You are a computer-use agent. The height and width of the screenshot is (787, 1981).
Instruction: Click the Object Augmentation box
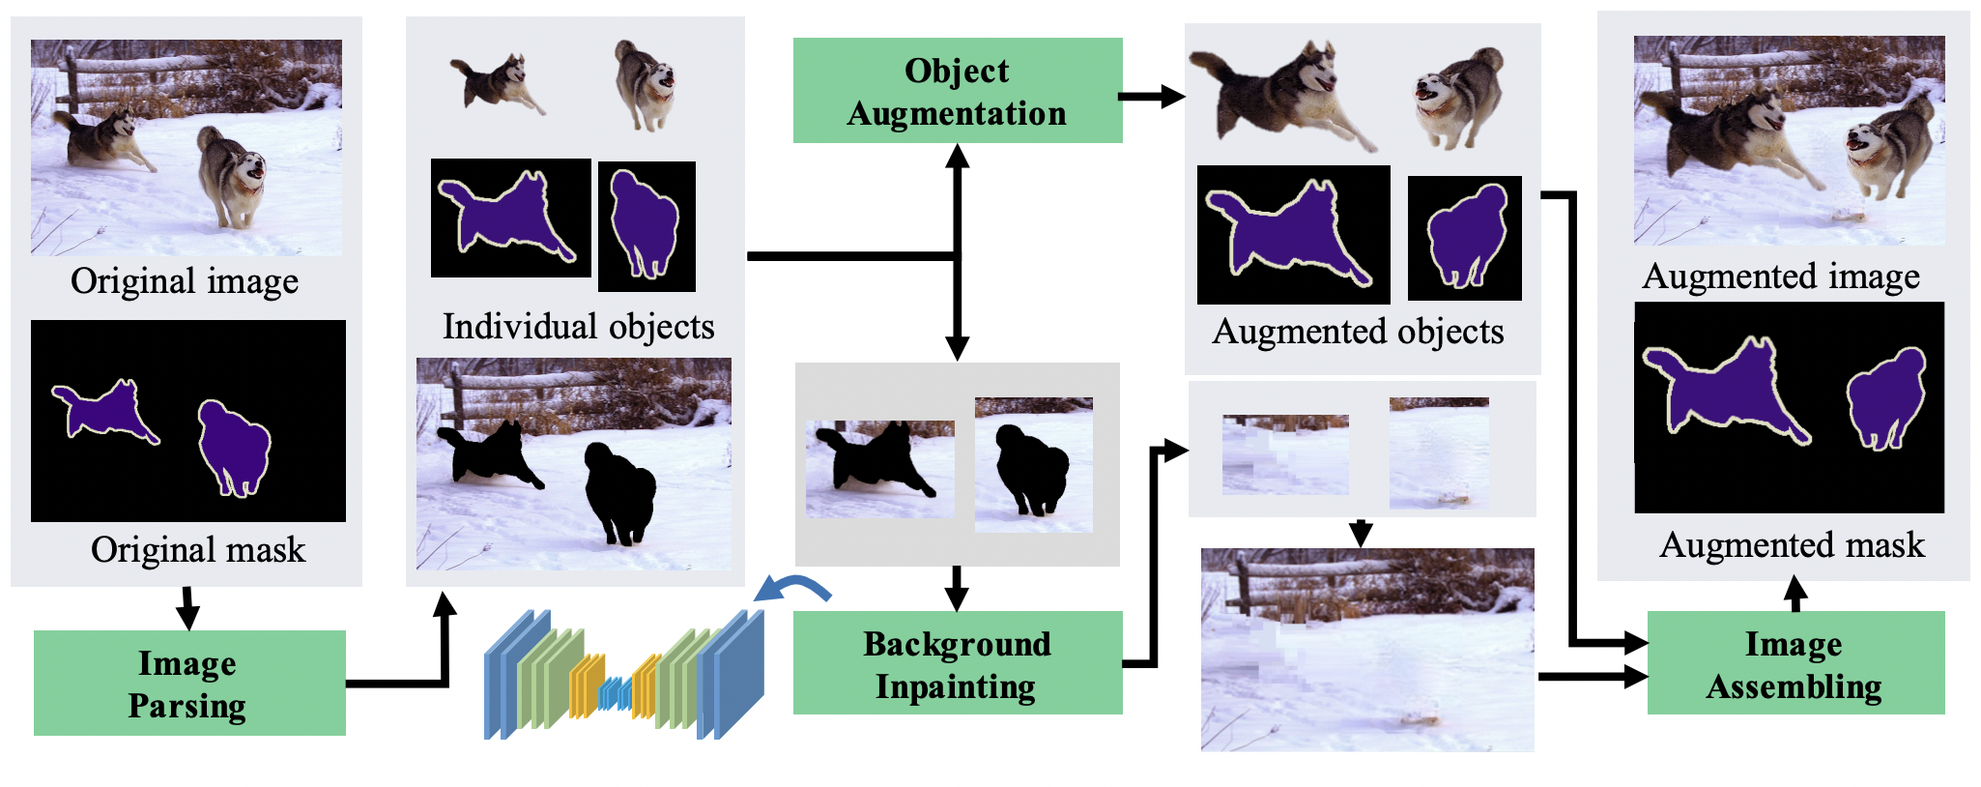coord(957,91)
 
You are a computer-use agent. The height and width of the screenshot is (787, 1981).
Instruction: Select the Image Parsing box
coord(189,683)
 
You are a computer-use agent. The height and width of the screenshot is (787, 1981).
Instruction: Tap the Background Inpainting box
coord(957,663)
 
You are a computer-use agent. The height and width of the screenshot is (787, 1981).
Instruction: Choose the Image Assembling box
coord(1794,663)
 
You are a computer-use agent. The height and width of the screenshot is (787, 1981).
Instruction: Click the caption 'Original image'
coord(185,281)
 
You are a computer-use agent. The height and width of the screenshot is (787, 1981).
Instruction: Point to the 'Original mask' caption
coord(198,549)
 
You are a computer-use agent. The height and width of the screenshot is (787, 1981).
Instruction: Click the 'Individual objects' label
coord(578,327)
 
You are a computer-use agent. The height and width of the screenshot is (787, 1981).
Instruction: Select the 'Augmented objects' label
coord(1358,332)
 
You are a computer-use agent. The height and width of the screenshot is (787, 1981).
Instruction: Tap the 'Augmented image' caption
coord(1781,277)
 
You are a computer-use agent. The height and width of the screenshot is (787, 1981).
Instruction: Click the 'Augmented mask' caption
coord(1792,545)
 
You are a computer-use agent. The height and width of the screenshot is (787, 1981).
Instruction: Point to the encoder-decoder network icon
coord(624,675)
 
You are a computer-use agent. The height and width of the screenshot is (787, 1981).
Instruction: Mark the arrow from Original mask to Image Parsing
coord(188,608)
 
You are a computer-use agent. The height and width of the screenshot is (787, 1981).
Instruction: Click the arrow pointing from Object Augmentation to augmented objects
coord(1152,96)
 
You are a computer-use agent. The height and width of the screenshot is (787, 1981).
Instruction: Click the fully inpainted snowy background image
coord(1366,650)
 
